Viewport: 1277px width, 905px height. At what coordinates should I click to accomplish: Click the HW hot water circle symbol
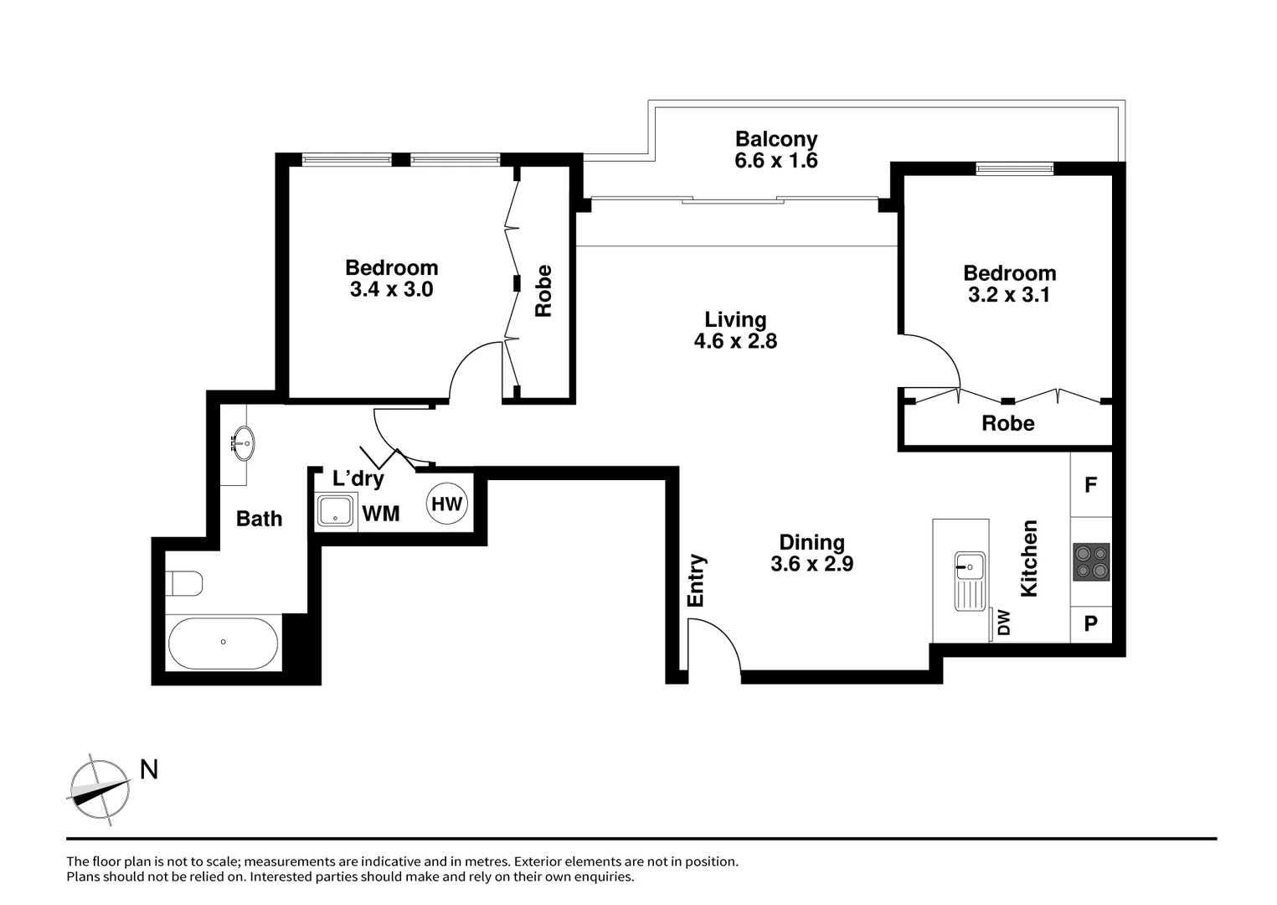click(x=447, y=504)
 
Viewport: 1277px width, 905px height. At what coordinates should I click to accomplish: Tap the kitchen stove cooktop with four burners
click(x=1091, y=562)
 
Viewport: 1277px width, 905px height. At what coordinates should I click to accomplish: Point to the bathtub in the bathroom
click(x=223, y=643)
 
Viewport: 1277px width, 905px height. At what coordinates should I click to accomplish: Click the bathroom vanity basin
click(x=244, y=442)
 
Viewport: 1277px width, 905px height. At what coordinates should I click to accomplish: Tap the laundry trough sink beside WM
click(x=337, y=511)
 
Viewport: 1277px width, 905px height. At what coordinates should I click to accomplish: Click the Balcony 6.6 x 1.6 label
click(x=776, y=150)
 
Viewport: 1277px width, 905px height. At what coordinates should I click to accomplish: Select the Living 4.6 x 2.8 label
click(x=735, y=330)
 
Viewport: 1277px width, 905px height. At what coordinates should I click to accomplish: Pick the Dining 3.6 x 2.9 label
click(x=811, y=553)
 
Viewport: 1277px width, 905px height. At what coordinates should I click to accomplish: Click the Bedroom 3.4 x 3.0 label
click(x=391, y=278)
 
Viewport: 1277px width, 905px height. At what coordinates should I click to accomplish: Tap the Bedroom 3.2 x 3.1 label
click(x=1009, y=283)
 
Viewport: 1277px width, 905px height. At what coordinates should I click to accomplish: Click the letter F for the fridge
click(x=1090, y=485)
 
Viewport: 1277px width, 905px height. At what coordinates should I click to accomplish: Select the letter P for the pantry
click(x=1090, y=624)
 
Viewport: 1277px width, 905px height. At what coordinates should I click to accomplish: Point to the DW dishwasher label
click(x=1004, y=622)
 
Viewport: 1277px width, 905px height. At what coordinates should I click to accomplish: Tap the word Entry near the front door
click(x=696, y=580)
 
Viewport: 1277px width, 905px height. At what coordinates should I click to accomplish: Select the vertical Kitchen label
click(x=1029, y=558)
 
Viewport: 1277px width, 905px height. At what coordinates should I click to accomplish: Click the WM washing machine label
click(x=380, y=514)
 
